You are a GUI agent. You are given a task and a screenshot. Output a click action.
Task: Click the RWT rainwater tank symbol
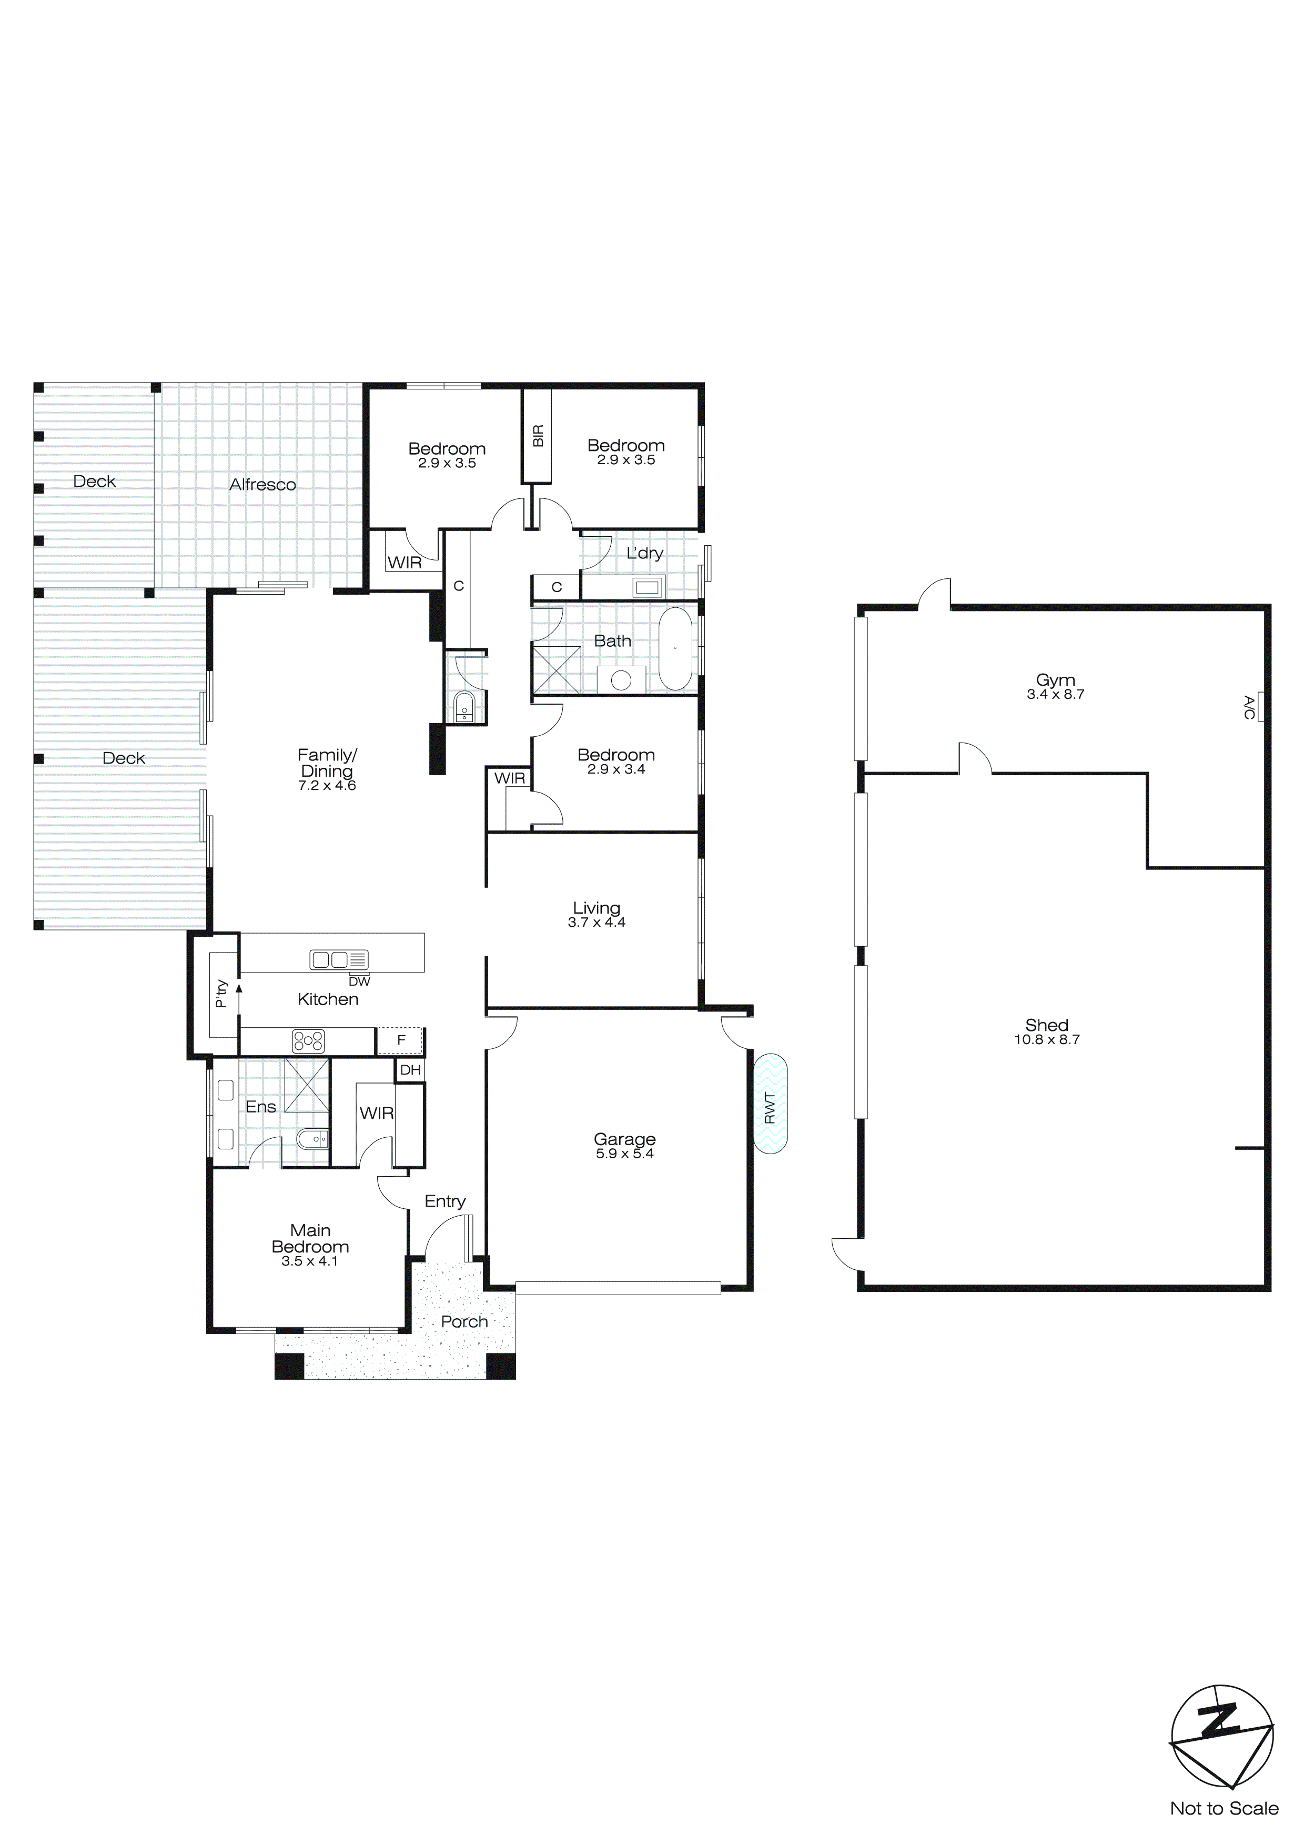tap(770, 1104)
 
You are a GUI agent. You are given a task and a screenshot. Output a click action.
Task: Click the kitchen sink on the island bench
tap(339, 959)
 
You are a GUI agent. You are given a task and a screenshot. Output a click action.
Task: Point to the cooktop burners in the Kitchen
tap(308, 1041)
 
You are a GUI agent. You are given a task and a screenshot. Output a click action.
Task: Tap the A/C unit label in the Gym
tap(1249, 707)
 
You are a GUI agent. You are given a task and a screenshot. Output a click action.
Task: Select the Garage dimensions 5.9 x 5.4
tap(625, 1154)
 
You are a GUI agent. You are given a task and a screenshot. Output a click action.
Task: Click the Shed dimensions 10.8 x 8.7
tap(1046, 1039)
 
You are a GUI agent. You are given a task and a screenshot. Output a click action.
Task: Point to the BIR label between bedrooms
tap(538, 436)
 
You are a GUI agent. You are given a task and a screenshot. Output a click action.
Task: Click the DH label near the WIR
tap(410, 1070)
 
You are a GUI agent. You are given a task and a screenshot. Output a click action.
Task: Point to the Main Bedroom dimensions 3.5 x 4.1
tap(310, 1261)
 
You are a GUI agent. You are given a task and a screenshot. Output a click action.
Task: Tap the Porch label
tap(464, 1321)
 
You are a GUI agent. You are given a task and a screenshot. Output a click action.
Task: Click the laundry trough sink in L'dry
tap(646, 587)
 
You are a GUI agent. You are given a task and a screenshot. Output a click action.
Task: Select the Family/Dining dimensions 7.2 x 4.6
tap(327, 786)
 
